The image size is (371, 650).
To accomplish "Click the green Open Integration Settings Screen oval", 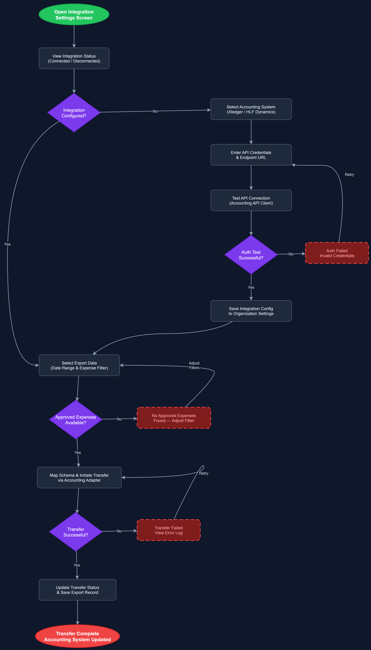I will point(74,15).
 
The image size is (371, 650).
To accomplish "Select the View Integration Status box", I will point(74,58).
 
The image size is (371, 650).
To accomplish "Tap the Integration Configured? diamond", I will point(74,113).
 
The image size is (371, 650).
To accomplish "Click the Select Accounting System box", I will point(251,109).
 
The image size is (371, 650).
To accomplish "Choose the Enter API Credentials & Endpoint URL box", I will point(251,155).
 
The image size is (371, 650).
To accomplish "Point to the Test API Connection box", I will point(251,200).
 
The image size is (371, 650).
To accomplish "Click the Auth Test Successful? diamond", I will point(251,255).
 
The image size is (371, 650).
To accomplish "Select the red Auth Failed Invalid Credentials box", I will point(337,253).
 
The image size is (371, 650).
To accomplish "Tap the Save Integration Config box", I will point(251,311).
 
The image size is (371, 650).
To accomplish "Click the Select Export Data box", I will point(79,365).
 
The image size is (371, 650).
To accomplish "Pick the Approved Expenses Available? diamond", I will point(76,420).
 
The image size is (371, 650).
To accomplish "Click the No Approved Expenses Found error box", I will point(174,418).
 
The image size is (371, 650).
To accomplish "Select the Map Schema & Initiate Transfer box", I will point(79,477).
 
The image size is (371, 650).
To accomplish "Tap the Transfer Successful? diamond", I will point(76,532).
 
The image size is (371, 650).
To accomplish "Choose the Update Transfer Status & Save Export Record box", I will point(77,590).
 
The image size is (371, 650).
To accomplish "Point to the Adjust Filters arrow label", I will point(194,365).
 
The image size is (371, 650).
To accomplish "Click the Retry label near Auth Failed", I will point(349,175).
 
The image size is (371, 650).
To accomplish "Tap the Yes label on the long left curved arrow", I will point(7,244).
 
